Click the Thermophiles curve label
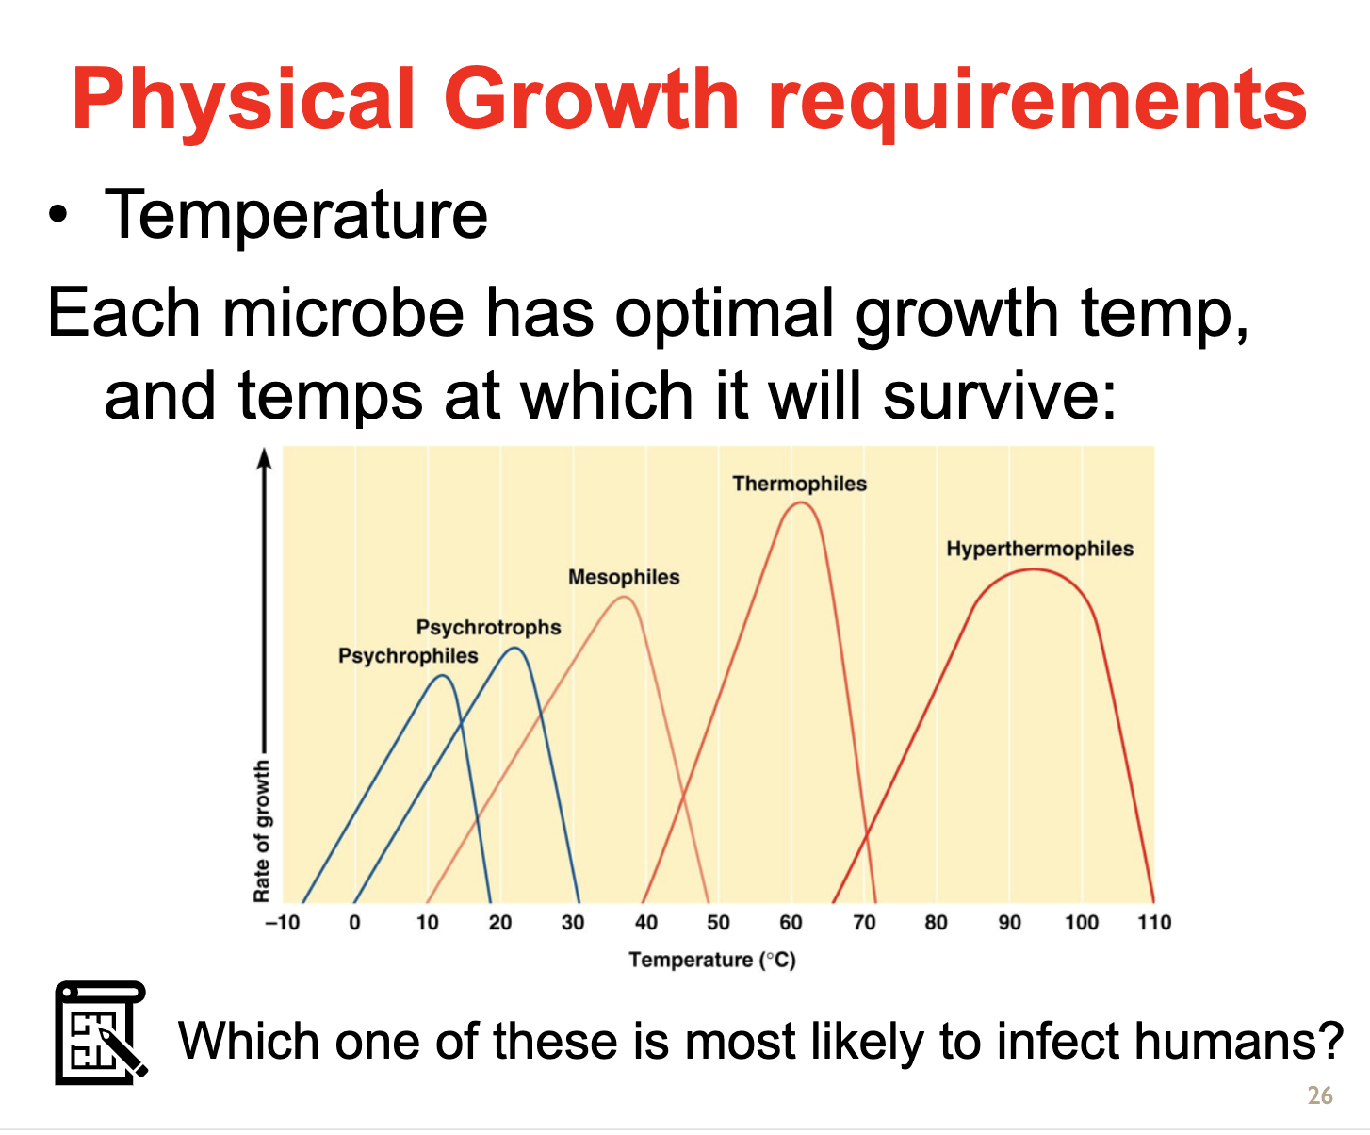(799, 484)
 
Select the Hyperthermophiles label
(1040, 549)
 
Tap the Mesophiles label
(624, 577)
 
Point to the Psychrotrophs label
(489, 628)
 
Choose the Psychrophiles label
(408, 656)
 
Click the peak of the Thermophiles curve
(801, 502)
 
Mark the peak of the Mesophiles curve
(625, 598)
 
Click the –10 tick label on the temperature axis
(282, 922)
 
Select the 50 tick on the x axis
(719, 922)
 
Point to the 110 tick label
(1154, 922)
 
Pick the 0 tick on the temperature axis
(354, 922)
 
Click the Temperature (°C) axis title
(712, 960)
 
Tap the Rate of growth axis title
(262, 831)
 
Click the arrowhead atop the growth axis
(264, 458)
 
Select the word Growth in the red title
(592, 100)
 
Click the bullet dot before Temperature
(57, 215)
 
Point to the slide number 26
(1320, 1095)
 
